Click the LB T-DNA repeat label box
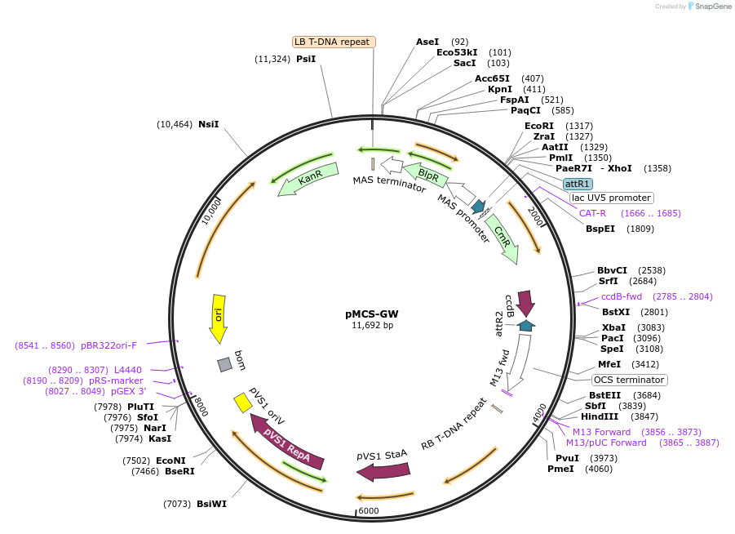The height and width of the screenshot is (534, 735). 334,42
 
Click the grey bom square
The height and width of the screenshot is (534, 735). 225,364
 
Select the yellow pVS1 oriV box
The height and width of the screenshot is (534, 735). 242,403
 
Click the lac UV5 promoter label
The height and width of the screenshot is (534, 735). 611,198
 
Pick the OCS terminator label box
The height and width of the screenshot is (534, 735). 629,380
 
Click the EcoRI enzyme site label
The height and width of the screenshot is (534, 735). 539,126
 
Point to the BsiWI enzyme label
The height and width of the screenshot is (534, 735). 211,504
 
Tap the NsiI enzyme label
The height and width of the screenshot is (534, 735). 209,124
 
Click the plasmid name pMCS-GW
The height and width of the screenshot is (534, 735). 372,313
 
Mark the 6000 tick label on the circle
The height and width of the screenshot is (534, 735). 369,510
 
